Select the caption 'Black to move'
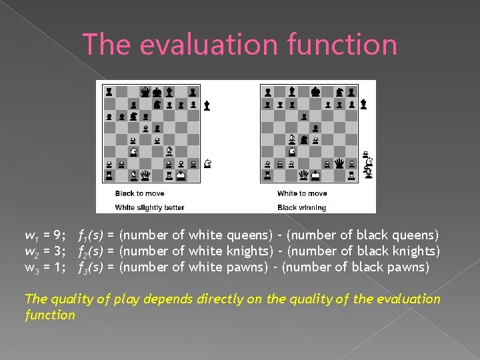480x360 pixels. pyautogui.click(x=139, y=193)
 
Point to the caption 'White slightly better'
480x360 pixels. pyautogui.click(x=149, y=207)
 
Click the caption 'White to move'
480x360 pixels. pyautogui.click(x=302, y=193)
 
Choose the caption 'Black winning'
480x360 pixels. pyautogui.click(x=302, y=207)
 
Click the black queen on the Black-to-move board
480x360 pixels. pyautogui.click(x=145, y=92)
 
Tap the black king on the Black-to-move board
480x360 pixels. pyautogui.click(x=157, y=92)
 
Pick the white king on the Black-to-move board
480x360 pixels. pyautogui.click(x=181, y=175)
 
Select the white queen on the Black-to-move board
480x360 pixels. pyautogui.click(x=145, y=175)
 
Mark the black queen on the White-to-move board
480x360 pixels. pyautogui.click(x=339, y=163)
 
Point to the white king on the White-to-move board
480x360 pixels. pyautogui.click(x=315, y=175)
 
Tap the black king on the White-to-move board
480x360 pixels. pyautogui.click(x=315, y=92)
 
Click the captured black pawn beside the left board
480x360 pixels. pyautogui.click(x=207, y=105)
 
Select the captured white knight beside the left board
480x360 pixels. pyautogui.click(x=207, y=163)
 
